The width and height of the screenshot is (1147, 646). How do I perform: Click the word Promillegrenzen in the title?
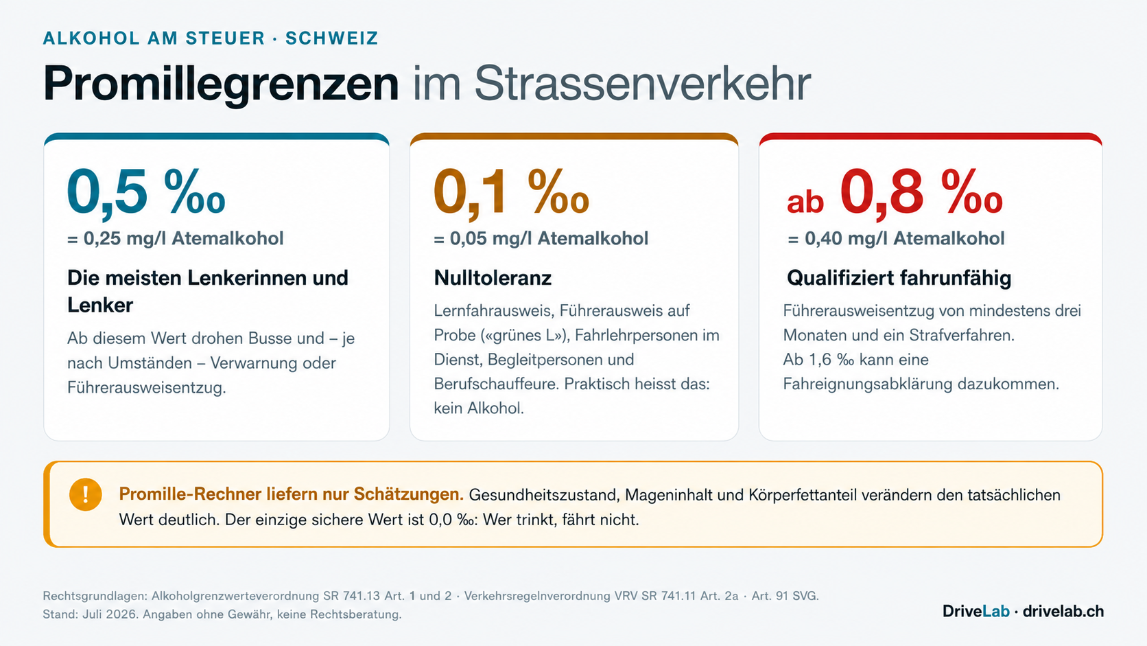pos(221,84)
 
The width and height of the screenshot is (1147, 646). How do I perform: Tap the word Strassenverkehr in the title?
pos(643,83)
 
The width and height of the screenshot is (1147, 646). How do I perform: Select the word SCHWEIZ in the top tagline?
pos(332,38)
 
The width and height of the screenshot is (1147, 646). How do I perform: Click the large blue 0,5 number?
pos(108,193)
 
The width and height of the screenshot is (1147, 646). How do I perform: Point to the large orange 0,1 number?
pos(472,193)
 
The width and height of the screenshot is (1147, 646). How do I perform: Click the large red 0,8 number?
pos(882,193)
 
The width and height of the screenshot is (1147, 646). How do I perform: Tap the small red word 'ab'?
pos(805,201)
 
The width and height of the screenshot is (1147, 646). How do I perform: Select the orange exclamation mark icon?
pos(86,494)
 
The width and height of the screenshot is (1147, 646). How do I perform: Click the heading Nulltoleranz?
pos(493,277)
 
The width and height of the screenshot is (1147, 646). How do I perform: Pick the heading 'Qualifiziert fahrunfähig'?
pos(899,277)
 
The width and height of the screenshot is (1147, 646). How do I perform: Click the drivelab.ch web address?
pos(1063,611)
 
